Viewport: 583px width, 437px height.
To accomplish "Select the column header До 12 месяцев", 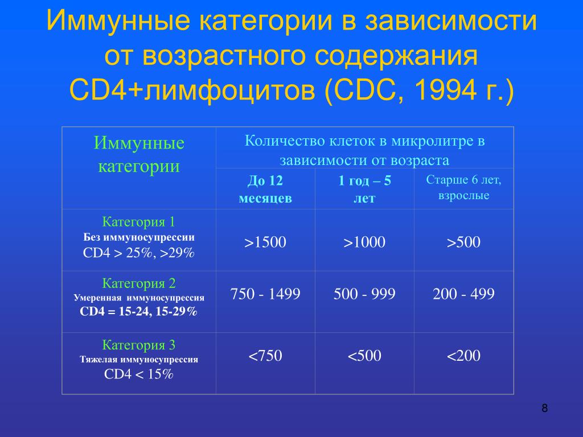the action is tap(265, 189).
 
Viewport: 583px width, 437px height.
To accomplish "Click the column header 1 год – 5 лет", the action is tap(364, 189).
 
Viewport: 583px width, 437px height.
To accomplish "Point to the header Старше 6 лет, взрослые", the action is tap(463, 187).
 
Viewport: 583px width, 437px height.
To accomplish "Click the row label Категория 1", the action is tap(139, 222).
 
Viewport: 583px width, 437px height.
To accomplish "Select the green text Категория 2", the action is tap(139, 283).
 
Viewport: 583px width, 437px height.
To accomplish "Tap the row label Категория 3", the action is tap(139, 345).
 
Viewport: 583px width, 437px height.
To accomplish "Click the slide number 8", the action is tap(545, 409).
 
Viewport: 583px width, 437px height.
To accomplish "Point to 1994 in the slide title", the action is tap(445, 90).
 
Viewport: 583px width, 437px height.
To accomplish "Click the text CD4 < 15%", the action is tap(139, 374).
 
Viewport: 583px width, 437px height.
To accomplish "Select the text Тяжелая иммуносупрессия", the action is tap(139, 360).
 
